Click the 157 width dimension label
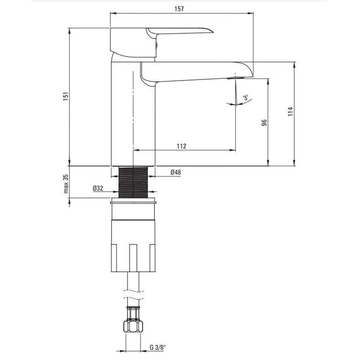(179, 9)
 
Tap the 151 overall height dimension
(66, 96)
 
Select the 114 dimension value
(290, 111)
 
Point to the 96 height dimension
(264, 122)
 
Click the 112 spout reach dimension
(181, 146)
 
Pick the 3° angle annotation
(246, 98)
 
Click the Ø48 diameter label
(175, 172)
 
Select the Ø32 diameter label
(98, 189)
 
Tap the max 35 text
(66, 184)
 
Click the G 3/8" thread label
(157, 347)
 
